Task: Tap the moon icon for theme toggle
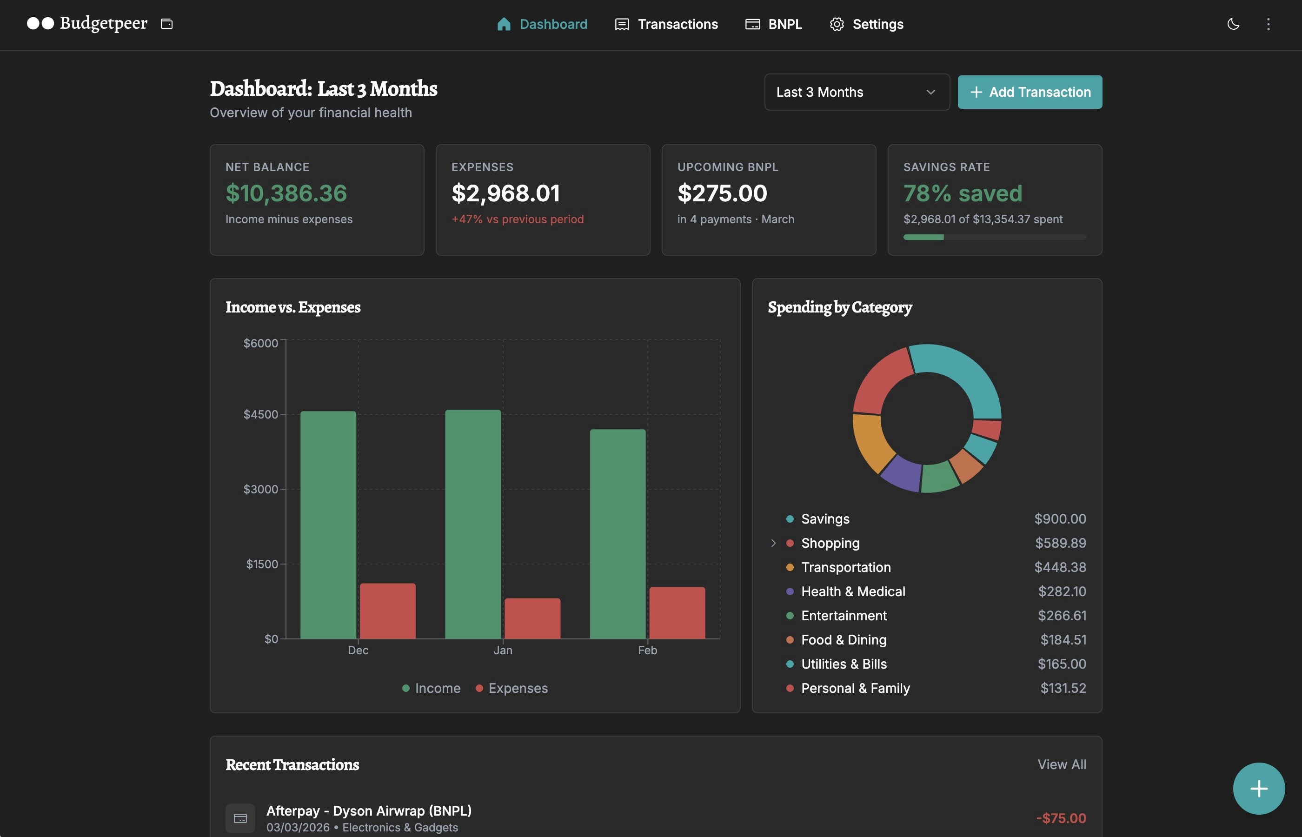[x=1233, y=24]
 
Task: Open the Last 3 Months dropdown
[x=857, y=92]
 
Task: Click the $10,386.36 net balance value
[x=286, y=193]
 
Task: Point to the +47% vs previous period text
[x=518, y=219]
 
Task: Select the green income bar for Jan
[x=473, y=525]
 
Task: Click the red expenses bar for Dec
[x=387, y=611]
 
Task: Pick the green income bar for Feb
[x=618, y=534]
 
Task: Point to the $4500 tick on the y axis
[x=261, y=414]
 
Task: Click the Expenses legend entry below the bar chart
[x=512, y=688]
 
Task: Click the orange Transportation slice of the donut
[x=870, y=443]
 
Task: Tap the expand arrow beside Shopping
[x=773, y=543]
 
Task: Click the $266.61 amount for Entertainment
[x=1062, y=615]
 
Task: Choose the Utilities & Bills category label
[x=844, y=664]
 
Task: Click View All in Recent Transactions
[x=1061, y=764]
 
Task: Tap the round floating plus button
[x=1259, y=788]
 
